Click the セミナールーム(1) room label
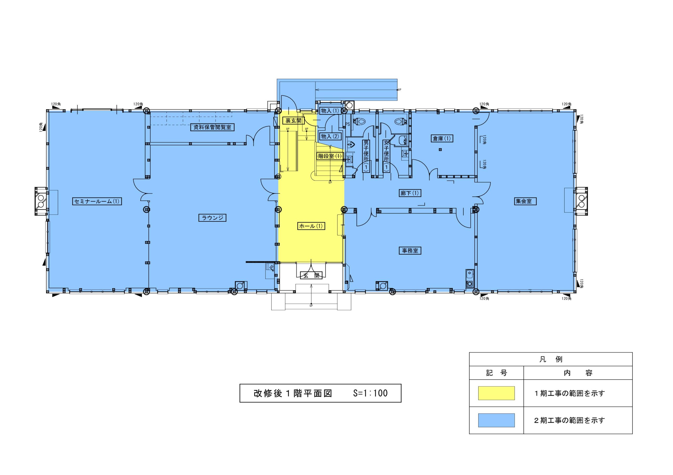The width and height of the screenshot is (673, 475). [x=97, y=201]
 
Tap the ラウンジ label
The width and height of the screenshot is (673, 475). [x=212, y=218]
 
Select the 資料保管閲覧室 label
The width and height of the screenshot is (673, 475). [x=212, y=127]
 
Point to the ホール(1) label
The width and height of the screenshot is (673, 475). [x=311, y=226]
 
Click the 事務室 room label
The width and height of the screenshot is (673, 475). [x=410, y=251]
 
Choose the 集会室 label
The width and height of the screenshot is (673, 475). [x=525, y=201]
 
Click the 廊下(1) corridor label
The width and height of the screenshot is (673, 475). [x=410, y=193]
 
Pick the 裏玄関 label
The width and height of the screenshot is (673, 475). [x=293, y=121]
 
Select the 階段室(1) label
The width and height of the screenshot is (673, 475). [x=330, y=156]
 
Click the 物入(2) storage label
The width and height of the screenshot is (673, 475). [x=330, y=137]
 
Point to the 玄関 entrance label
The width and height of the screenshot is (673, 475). [x=311, y=275]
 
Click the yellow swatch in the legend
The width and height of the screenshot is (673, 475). [x=496, y=393]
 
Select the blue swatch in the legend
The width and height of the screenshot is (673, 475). [x=496, y=420]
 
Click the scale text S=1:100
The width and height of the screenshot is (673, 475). [x=370, y=393]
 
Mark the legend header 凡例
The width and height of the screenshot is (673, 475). [x=551, y=359]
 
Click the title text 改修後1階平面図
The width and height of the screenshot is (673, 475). [x=293, y=393]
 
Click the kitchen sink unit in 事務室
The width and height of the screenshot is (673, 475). [x=470, y=278]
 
